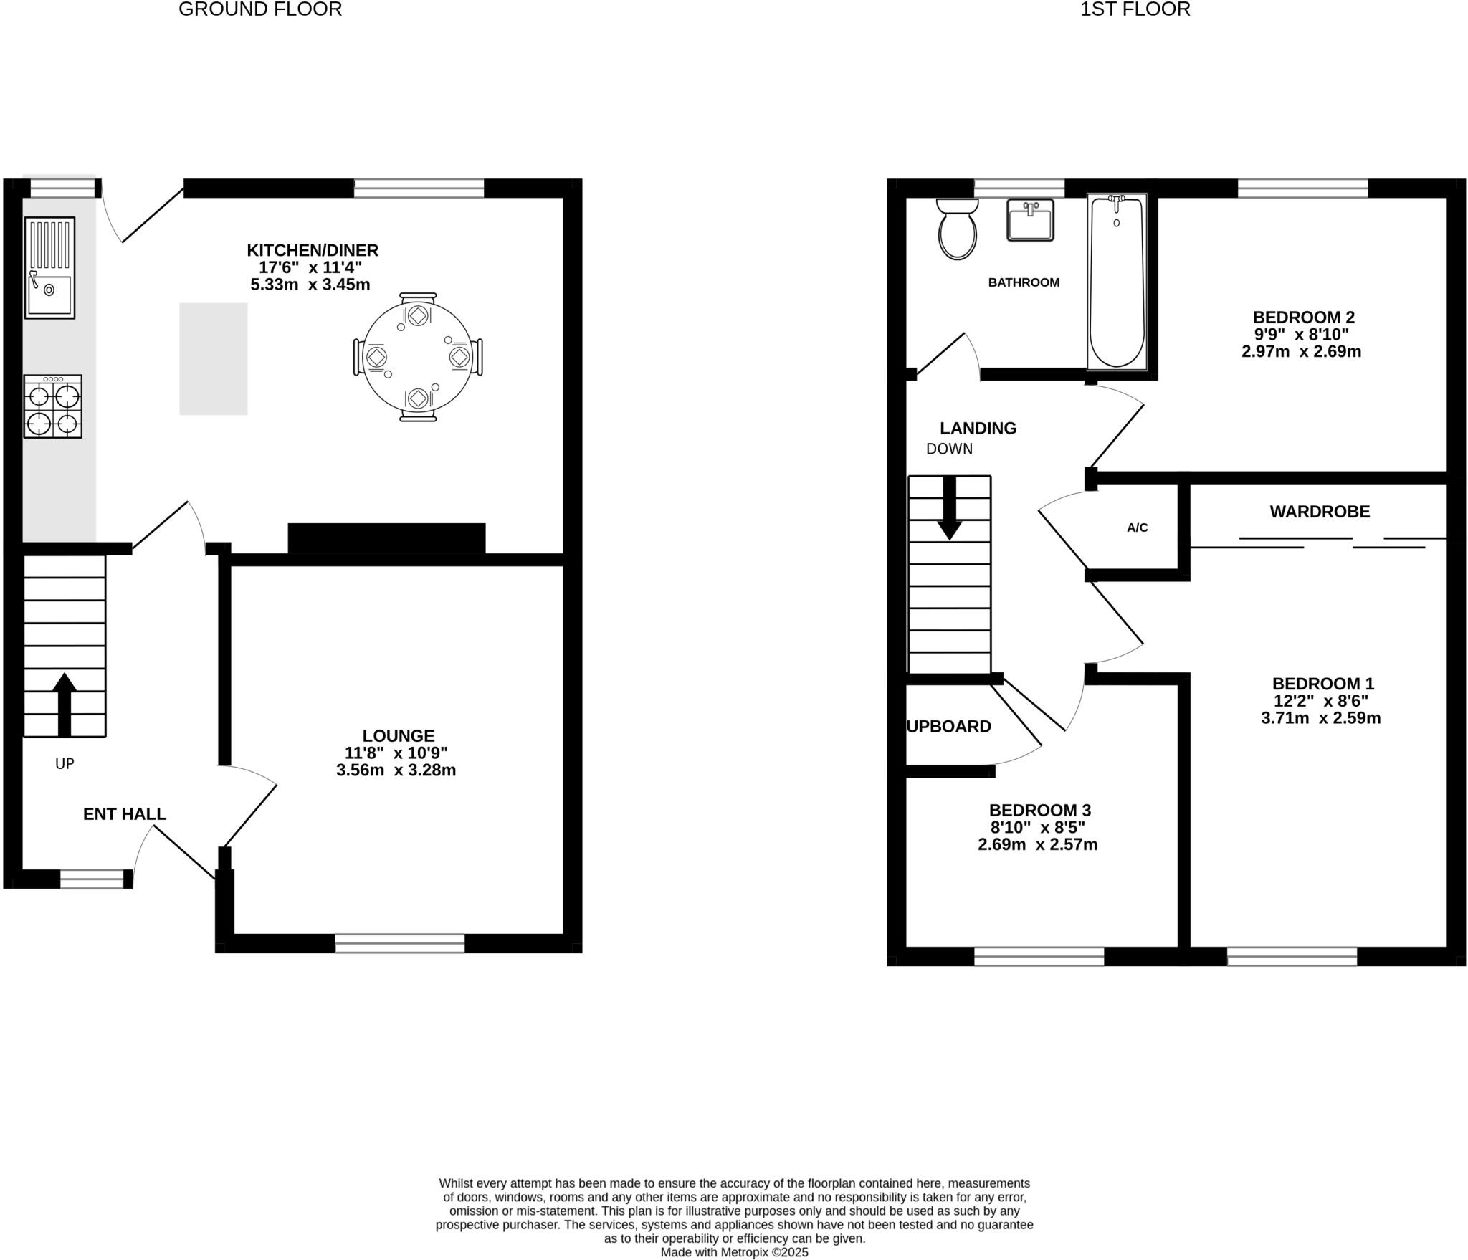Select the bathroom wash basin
pos(1030,221)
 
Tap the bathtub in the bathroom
pos(1116,282)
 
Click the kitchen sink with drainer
pos(49,267)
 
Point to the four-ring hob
pos(52,406)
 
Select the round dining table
pos(418,356)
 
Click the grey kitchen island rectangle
pos(213,358)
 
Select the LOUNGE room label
pos(398,735)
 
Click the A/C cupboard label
pos(1137,528)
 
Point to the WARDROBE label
pos(1319,511)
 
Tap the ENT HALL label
pos(124,813)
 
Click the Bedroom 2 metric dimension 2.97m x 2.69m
pos(1301,351)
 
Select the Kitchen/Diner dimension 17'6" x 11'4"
pos(310,267)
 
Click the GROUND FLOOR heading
pos(259,9)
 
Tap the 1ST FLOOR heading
pos(1135,9)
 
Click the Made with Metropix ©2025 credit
pos(734,1252)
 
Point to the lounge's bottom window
pos(399,942)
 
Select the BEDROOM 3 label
pos(1039,810)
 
